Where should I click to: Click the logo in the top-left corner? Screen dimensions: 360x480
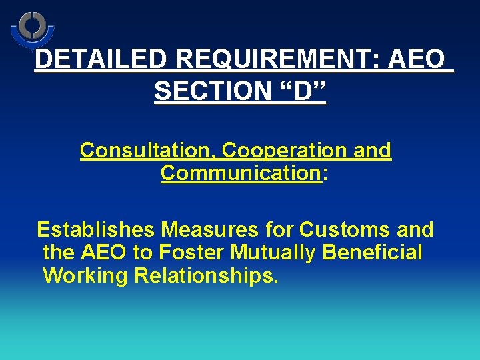tap(31, 29)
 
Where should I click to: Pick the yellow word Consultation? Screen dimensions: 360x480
tap(147, 151)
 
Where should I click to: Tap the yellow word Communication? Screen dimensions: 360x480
tap(241, 173)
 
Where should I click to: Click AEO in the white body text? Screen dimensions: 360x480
tap(107, 253)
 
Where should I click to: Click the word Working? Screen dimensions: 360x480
tap(85, 275)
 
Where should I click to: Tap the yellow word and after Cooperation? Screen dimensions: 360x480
tap(373, 151)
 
